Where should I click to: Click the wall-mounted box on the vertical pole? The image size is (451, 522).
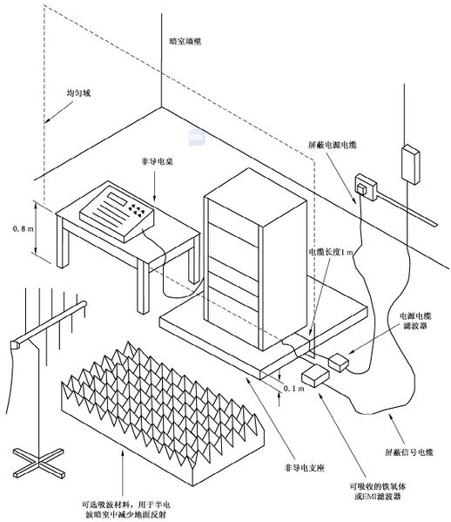pyautogui.click(x=408, y=164)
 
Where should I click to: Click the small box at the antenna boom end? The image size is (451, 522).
pyautogui.click(x=12, y=346)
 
